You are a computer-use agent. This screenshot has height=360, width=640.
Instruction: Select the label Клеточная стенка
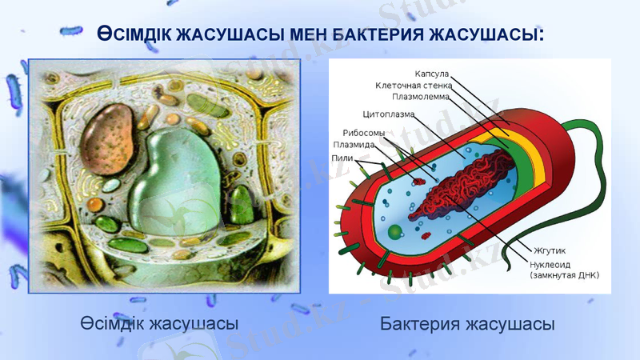pos(414,85)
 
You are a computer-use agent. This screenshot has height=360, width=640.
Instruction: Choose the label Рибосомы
pos(364,132)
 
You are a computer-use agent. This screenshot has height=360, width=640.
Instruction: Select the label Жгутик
pos(544,251)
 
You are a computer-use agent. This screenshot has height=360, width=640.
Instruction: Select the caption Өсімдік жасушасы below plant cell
pos(160,324)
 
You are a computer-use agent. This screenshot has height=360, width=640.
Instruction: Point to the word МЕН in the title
pos(306,34)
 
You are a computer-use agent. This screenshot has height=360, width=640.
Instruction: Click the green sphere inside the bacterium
pos(395,232)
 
